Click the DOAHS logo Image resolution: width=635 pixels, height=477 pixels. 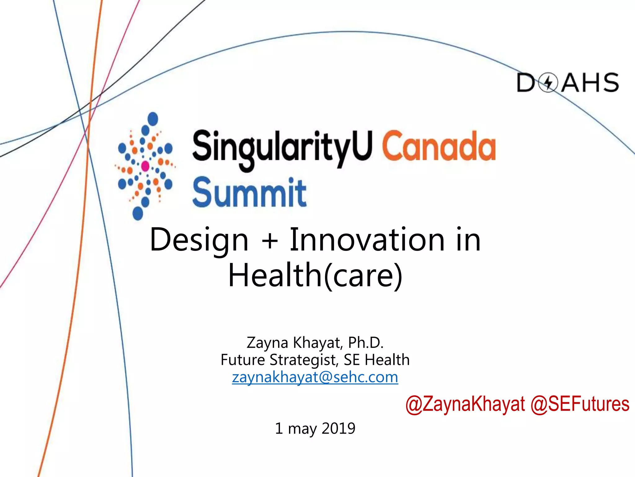(567, 83)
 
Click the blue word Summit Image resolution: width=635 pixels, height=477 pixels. (249, 193)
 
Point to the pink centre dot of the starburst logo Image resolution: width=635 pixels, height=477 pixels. (145, 166)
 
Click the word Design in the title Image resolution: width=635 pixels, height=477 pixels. (199, 240)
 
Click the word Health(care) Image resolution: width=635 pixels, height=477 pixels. (315, 275)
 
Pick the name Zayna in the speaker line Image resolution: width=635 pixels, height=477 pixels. (267, 343)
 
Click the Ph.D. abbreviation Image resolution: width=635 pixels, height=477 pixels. (366, 343)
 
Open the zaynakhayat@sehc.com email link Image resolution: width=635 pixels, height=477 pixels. (315, 377)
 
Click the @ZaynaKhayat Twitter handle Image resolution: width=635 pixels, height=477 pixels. (465, 404)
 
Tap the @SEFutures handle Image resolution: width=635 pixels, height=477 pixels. (580, 404)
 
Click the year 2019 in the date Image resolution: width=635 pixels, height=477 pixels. (338, 429)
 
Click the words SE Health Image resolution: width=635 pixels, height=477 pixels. (377, 360)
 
